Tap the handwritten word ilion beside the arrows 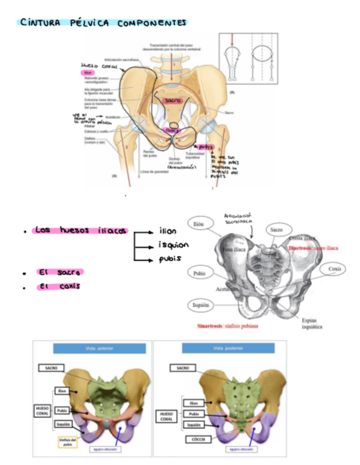(168, 231)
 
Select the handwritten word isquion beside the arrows (173, 245)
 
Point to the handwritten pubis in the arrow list (170, 258)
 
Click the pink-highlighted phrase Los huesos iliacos (80, 231)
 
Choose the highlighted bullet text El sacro (60, 272)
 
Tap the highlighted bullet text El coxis (59, 286)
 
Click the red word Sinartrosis (210, 325)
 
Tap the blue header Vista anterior (99, 348)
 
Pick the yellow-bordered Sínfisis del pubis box (66, 441)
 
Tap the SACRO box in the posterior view (183, 367)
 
